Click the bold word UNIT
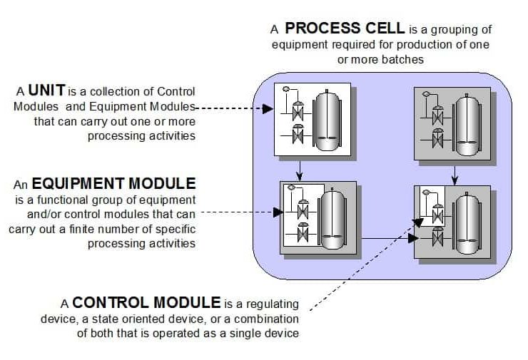(47, 91)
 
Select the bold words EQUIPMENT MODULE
(113, 184)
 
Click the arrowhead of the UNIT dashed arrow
(268, 109)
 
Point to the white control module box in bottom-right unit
(433, 206)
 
